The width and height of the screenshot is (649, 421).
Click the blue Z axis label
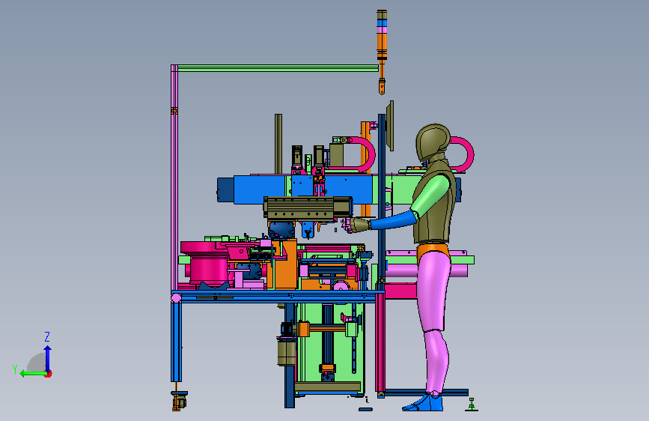pos(47,336)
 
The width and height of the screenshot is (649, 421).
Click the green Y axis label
pos(15,369)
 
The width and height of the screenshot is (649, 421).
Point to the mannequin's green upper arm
pos(430,194)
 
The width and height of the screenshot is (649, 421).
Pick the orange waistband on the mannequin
pos(432,249)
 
